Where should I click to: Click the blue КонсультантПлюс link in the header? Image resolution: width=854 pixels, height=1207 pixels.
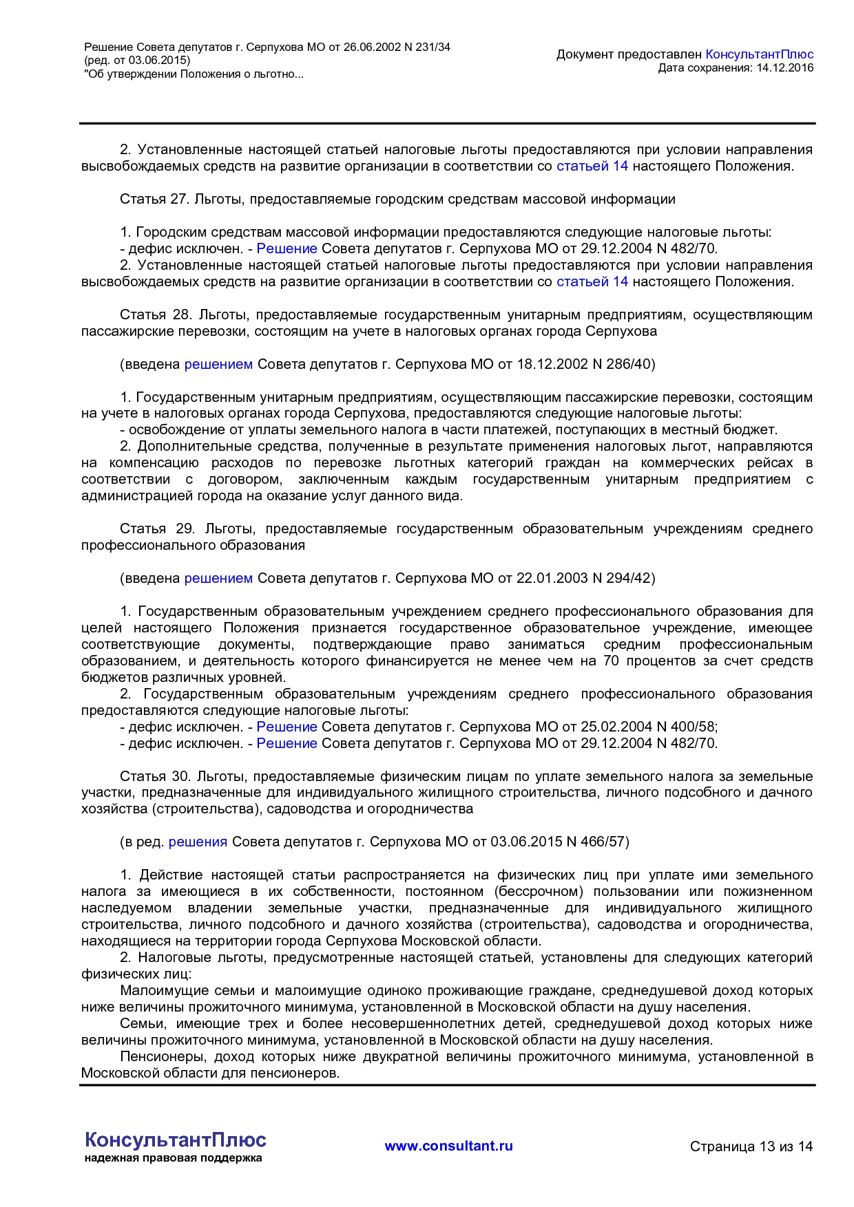point(759,54)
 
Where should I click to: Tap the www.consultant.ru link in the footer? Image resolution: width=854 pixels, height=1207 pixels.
point(448,1146)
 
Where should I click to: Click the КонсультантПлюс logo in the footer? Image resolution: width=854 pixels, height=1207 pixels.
point(175,1140)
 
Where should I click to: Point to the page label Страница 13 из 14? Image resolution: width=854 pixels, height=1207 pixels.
point(751,1146)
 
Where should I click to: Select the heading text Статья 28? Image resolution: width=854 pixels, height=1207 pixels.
point(155,315)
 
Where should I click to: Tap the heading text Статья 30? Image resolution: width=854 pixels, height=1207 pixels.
point(155,777)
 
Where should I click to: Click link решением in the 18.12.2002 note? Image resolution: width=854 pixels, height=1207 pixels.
point(218,365)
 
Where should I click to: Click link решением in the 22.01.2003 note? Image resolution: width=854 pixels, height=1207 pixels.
point(218,579)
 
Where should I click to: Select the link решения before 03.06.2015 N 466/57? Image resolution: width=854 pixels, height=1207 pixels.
point(198,842)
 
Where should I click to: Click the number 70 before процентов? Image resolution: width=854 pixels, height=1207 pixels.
point(610,661)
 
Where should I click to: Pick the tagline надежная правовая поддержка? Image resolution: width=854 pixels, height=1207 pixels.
point(173,1158)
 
